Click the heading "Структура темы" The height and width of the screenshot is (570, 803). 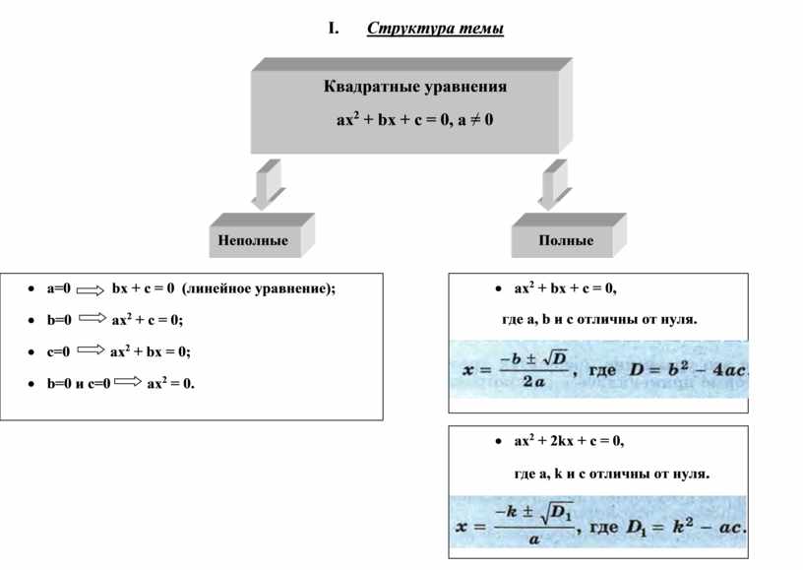tap(435, 28)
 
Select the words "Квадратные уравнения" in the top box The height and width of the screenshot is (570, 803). tap(415, 87)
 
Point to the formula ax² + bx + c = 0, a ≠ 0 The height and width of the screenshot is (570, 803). tap(415, 120)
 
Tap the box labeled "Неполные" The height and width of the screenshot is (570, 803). tap(253, 240)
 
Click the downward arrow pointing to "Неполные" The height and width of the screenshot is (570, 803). tap(265, 184)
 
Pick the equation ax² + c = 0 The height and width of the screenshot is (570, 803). tap(147, 320)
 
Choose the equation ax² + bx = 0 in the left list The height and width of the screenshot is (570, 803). tap(151, 351)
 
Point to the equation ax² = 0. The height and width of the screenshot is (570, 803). tap(171, 383)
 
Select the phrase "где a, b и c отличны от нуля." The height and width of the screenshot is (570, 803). tap(599, 319)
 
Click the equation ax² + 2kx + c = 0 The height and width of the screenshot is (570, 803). tap(568, 440)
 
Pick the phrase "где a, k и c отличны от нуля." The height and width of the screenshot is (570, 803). tap(611, 473)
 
